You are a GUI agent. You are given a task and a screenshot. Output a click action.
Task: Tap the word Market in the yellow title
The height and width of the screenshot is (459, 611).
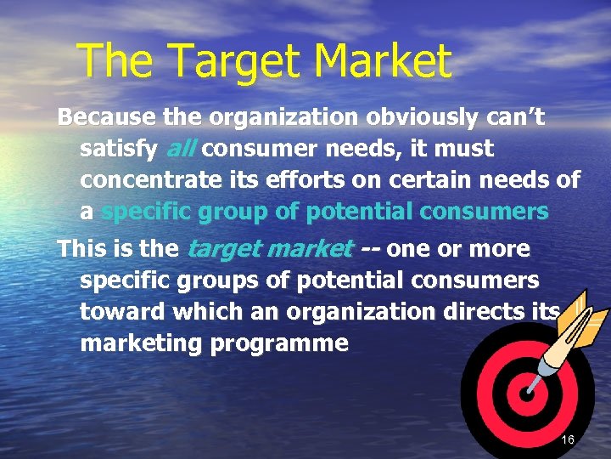381,61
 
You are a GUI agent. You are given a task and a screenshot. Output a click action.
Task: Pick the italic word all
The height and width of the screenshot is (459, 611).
180,150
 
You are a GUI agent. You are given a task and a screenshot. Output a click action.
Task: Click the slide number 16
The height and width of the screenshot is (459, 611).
568,439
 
